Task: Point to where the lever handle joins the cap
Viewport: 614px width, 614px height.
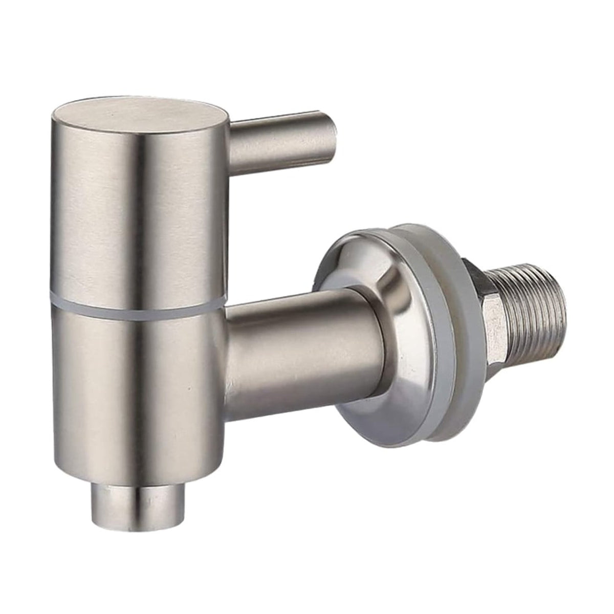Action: pyautogui.click(x=233, y=130)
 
